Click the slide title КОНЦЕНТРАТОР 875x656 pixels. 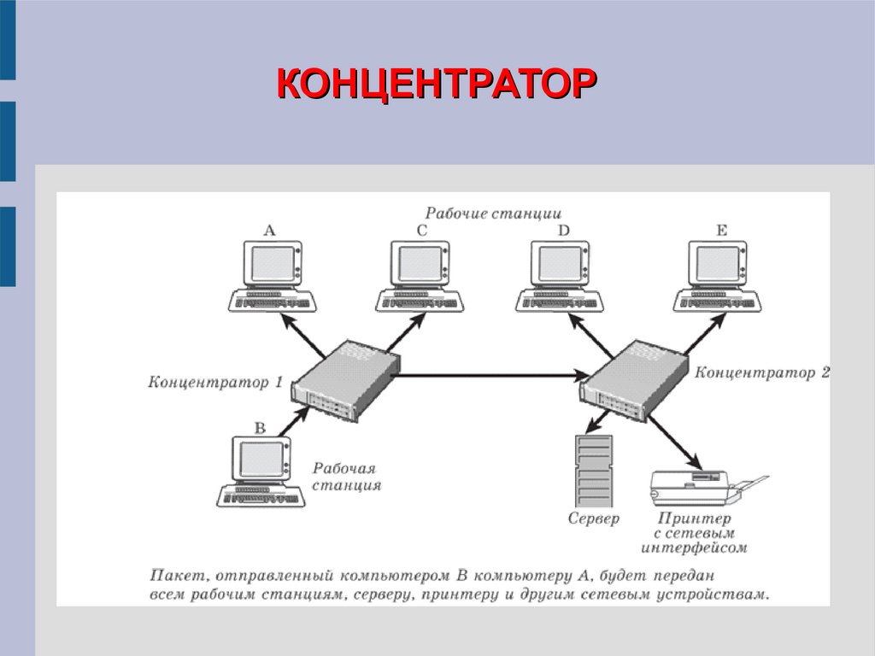pyautogui.click(x=437, y=86)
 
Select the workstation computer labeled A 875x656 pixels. pyautogui.click(x=271, y=274)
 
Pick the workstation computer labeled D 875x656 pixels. pyautogui.click(x=560, y=274)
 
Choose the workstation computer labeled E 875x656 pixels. pyautogui.click(x=718, y=274)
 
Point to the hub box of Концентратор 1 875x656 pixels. pyautogui.click(x=346, y=381)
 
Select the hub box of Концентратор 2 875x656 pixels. pyautogui.click(x=636, y=381)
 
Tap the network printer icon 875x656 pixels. pyautogui.click(x=701, y=488)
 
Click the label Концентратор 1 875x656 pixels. pyautogui.click(x=215, y=383)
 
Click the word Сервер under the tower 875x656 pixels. pyautogui.click(x=593, y=518)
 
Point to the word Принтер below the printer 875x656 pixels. pyautogui.click(x=695, y=518)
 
